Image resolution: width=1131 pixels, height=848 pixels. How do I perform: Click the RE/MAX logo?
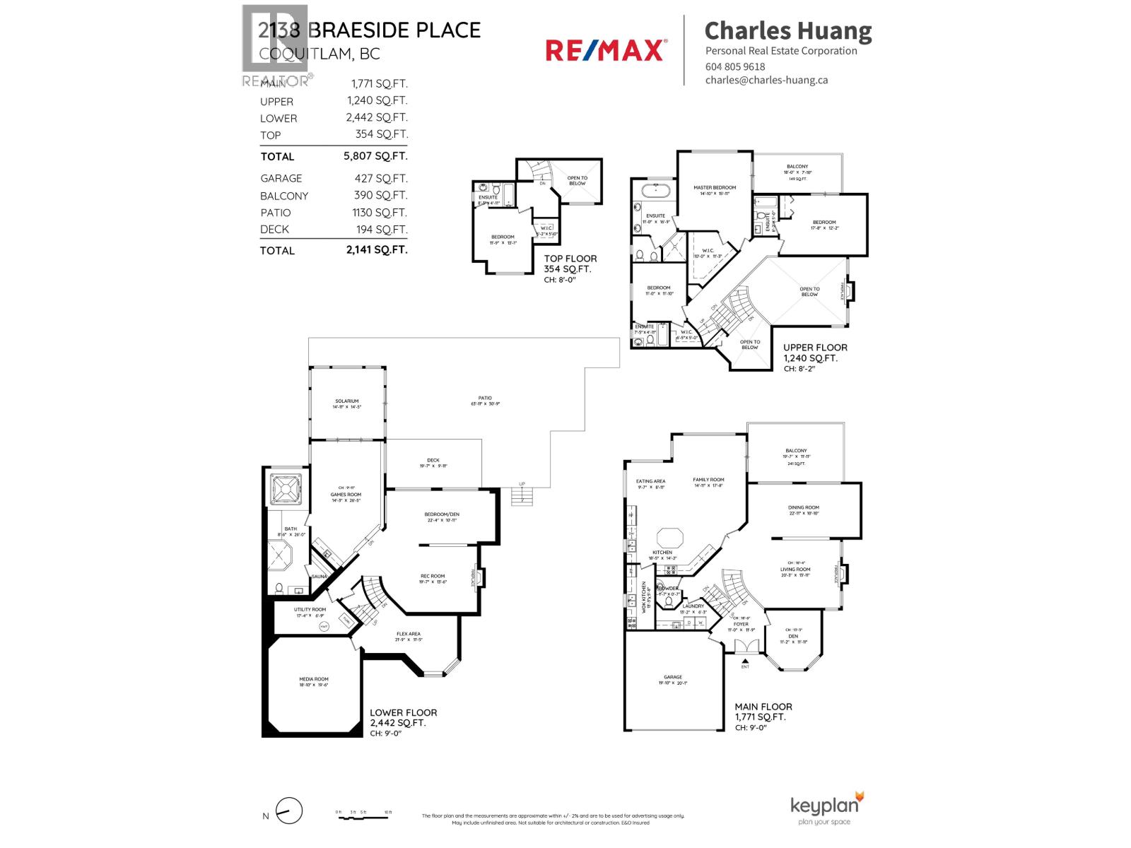click(x=605, y=50)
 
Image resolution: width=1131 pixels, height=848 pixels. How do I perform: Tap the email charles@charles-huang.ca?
click(x=766, y=80)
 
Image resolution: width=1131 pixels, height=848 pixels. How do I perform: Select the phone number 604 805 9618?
click(x=735, y=66)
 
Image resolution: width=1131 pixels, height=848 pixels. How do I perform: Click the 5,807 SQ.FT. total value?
click(x=375, y=155)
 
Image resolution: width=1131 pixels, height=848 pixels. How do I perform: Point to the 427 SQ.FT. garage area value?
click(x=380, y=178)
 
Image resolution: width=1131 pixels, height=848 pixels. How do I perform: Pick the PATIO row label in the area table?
click(x=275, y=213)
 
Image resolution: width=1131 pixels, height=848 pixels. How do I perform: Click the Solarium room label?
click(x=347, y=401)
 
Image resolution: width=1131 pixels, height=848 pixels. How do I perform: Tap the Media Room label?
click(x=314, y=679)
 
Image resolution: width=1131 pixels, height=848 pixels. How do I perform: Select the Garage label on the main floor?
click(x=673, y=677)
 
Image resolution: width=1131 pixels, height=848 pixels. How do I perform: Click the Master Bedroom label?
click(x=715, y=188)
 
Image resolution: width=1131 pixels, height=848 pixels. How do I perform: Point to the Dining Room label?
click(x=804, y=507)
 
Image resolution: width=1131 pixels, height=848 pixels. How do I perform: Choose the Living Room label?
click(x=795, y=569)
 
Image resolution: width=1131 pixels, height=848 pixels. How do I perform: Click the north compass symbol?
click(x=288, y=811)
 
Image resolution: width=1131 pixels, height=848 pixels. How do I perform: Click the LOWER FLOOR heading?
click(x=404, y=712)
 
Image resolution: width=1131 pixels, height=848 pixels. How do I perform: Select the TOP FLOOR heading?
click(x=570, y=259)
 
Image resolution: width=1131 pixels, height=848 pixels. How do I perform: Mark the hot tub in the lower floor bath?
click(x=286, y=488)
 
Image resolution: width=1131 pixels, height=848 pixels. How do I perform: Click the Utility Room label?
click(x=310, y=609)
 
